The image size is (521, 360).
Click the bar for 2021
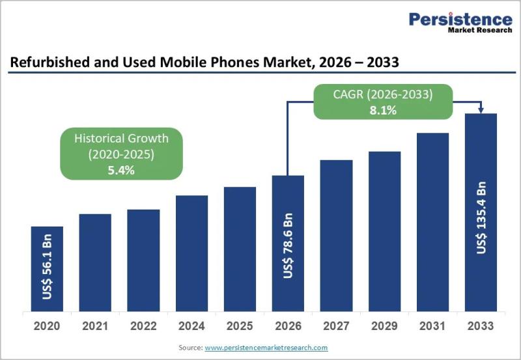tap(95, 262)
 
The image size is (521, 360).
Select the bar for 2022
tap(143, 260)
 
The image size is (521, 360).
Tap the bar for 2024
tap(191, 253)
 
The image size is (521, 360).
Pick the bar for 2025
tap(240, 249)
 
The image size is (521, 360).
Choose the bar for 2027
tap(336, 236)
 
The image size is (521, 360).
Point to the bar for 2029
tap(384, 232)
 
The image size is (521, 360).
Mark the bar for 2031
tap(432, 222)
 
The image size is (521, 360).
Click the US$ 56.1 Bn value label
tap(47, 267)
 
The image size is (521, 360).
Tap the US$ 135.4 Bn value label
tap(481, 219)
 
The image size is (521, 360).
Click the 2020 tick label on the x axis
tap(47, 325)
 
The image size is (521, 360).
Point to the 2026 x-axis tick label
tap(288, 325)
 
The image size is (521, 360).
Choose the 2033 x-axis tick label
tap(481, 325)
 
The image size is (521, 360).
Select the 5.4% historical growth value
tap(120, 171)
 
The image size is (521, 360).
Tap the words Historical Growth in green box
tap(120, 138)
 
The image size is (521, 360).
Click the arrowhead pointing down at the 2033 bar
tap(481, 109)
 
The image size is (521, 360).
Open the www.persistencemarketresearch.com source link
tap(266, 348)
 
